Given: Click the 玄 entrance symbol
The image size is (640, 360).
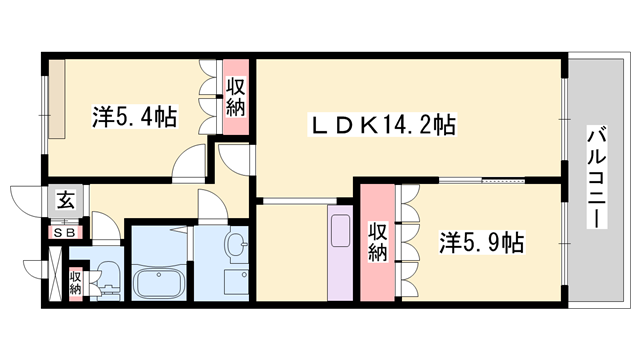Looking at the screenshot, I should click(x=65, y=199).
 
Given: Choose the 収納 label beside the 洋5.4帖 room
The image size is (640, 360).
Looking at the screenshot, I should click(x=236, y=98).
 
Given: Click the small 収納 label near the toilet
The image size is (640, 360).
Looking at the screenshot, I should click(x=76, y=281).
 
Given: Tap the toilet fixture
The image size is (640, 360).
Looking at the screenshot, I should click(x=109, y=279).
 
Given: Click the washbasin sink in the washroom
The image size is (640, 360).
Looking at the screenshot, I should click(x=237, y=246).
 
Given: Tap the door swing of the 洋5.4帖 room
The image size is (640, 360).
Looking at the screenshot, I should click(x=190, y=162).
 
